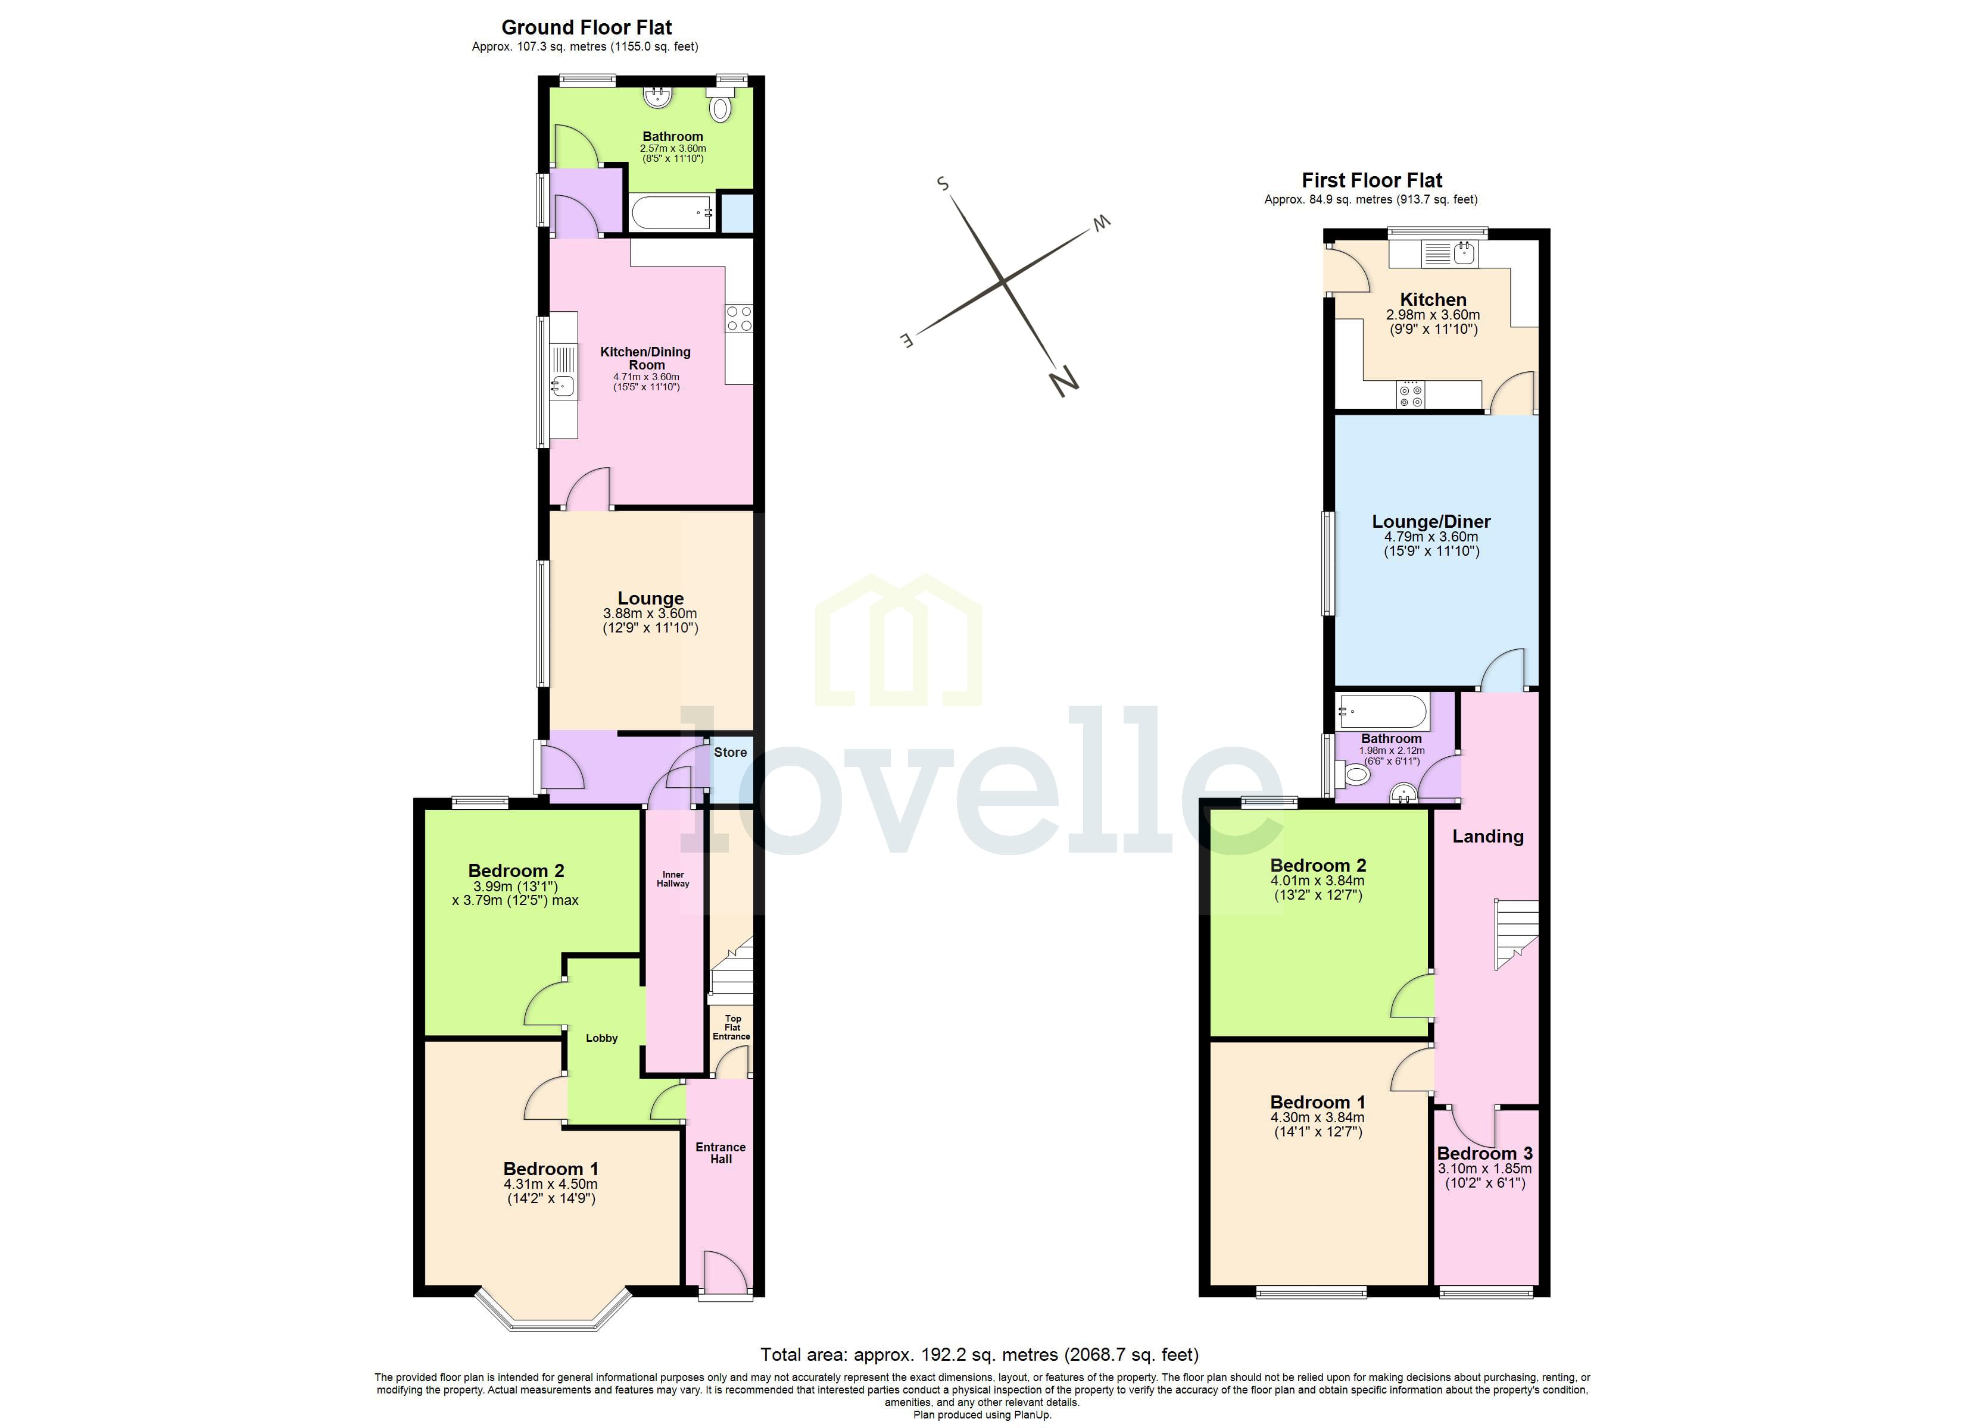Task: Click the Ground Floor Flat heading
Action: tap(586, 27)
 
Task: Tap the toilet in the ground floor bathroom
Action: tap(720, 107)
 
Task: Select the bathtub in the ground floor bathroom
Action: tap(670, 213)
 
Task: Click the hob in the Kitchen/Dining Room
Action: tap(739, 318)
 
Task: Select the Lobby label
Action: tap(601, 1038)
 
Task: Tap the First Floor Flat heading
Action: tap(1371, 180)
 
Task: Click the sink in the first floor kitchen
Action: tap(1464, 253)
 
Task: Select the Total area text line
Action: tap(979, 1354)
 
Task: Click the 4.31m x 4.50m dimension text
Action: tap(550, 1184)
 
